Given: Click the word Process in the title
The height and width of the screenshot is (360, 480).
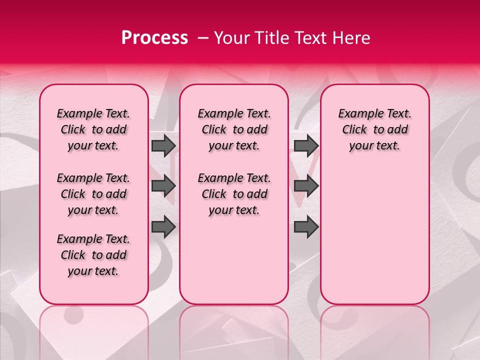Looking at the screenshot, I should tap(154, 38).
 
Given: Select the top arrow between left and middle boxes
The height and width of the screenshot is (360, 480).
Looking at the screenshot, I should tap(163, 146).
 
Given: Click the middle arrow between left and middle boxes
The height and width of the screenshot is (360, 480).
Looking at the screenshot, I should tap(163, 186).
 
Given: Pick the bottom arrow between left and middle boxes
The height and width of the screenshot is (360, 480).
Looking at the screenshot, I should tap(163, 227).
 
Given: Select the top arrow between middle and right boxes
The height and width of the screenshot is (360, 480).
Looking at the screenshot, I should tap(306, 146).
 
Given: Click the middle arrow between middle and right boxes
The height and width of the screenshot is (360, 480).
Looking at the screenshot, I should tap(306, 186).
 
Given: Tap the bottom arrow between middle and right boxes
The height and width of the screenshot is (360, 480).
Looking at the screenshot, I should tap(306, 227).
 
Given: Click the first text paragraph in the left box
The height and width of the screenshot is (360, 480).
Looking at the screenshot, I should tap(93, 129).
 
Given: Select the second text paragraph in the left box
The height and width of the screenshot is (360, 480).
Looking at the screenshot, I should tap(93, 194).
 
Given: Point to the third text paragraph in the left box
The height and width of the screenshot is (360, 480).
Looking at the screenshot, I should tap(93, 255).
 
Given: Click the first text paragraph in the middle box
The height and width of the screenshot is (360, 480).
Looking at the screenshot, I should tap(234, 129).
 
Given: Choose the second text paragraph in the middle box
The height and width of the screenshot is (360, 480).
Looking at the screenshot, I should tap(234, 194).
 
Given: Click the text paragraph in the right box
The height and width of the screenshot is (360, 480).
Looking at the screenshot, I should tap(374, 129).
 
